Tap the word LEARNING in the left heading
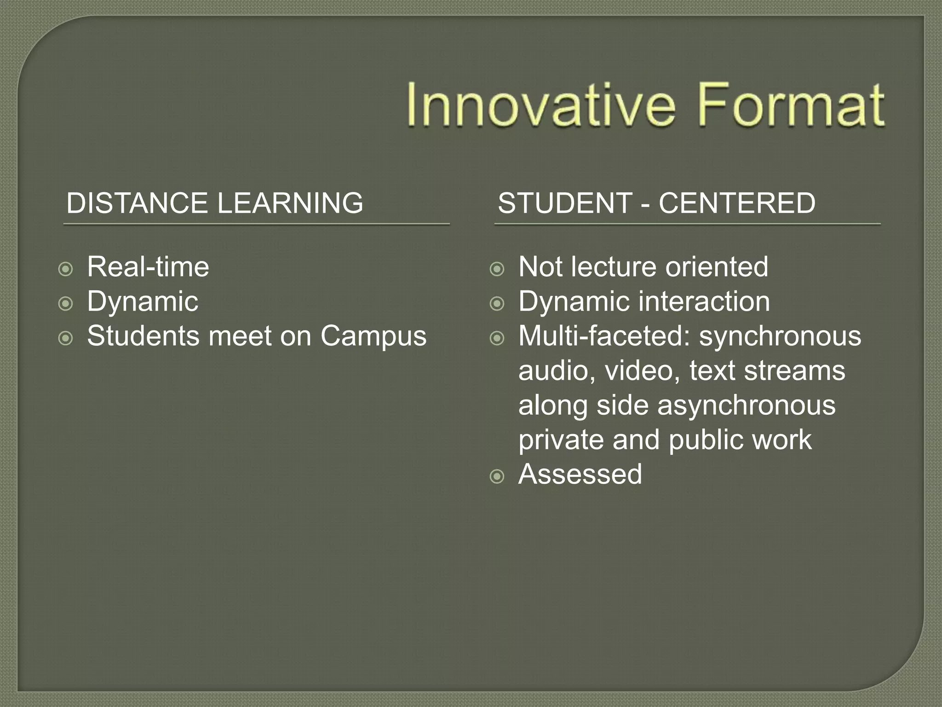pyautogui.click(x=290, y=203)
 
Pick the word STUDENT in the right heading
pyautogui.click(x=565, y=203)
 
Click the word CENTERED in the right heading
pyautogui.click(x=737, y=203)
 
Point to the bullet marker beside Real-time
pyautogui.click(x=66, y=269)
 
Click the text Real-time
pyautogui.click(x=148, y=267)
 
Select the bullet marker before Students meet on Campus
pyautogui.click(x=66, y=339)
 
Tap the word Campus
pyautogui.click(x=373, y=336)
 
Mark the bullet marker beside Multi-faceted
pyautogui.click(x=497, y=339)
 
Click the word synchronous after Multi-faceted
pyautogui.click(x=780, y=336)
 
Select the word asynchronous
pyautogui.click(x=746, y=406)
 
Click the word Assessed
pyautogui.click(x=580, y=475)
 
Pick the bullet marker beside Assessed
pyautogui.click(x=497, y=477)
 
